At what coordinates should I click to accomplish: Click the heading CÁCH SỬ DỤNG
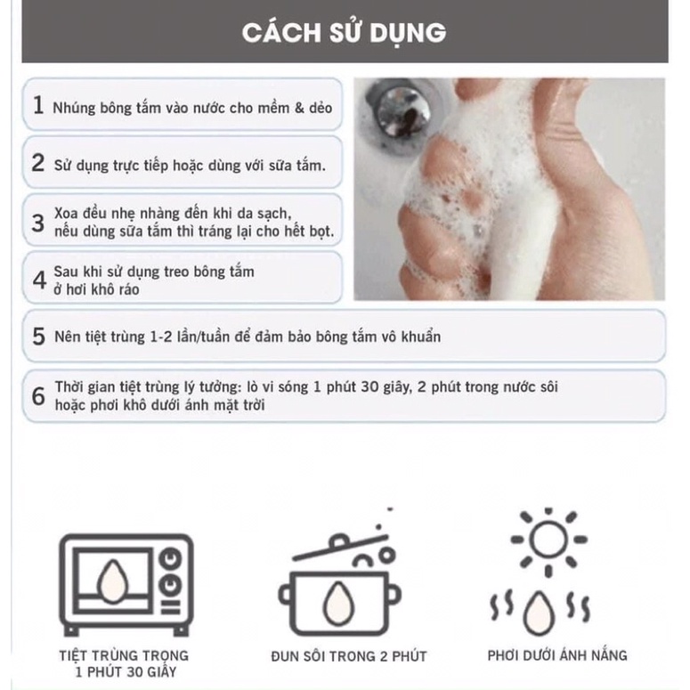pos(344,33)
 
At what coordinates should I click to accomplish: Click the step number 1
pos(37,105)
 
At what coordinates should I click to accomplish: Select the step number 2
pos(37,163)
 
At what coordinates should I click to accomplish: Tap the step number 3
pos(37,223)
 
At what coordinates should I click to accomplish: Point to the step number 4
pos(38,279)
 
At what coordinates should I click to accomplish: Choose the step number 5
pos(38,337)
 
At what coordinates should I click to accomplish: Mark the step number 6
pos(38,396)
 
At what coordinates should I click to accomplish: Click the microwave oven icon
pos(125,583)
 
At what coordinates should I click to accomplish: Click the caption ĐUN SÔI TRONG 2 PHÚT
pos(349,656)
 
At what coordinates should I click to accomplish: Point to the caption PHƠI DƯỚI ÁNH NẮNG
pos(557,655)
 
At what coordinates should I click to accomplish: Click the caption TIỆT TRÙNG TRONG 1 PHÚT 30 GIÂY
pos(125,664)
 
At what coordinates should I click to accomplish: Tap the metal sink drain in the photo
pos(398,110)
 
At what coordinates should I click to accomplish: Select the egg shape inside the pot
pos(339,605)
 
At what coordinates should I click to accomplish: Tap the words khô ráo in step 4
pos(114,289)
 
